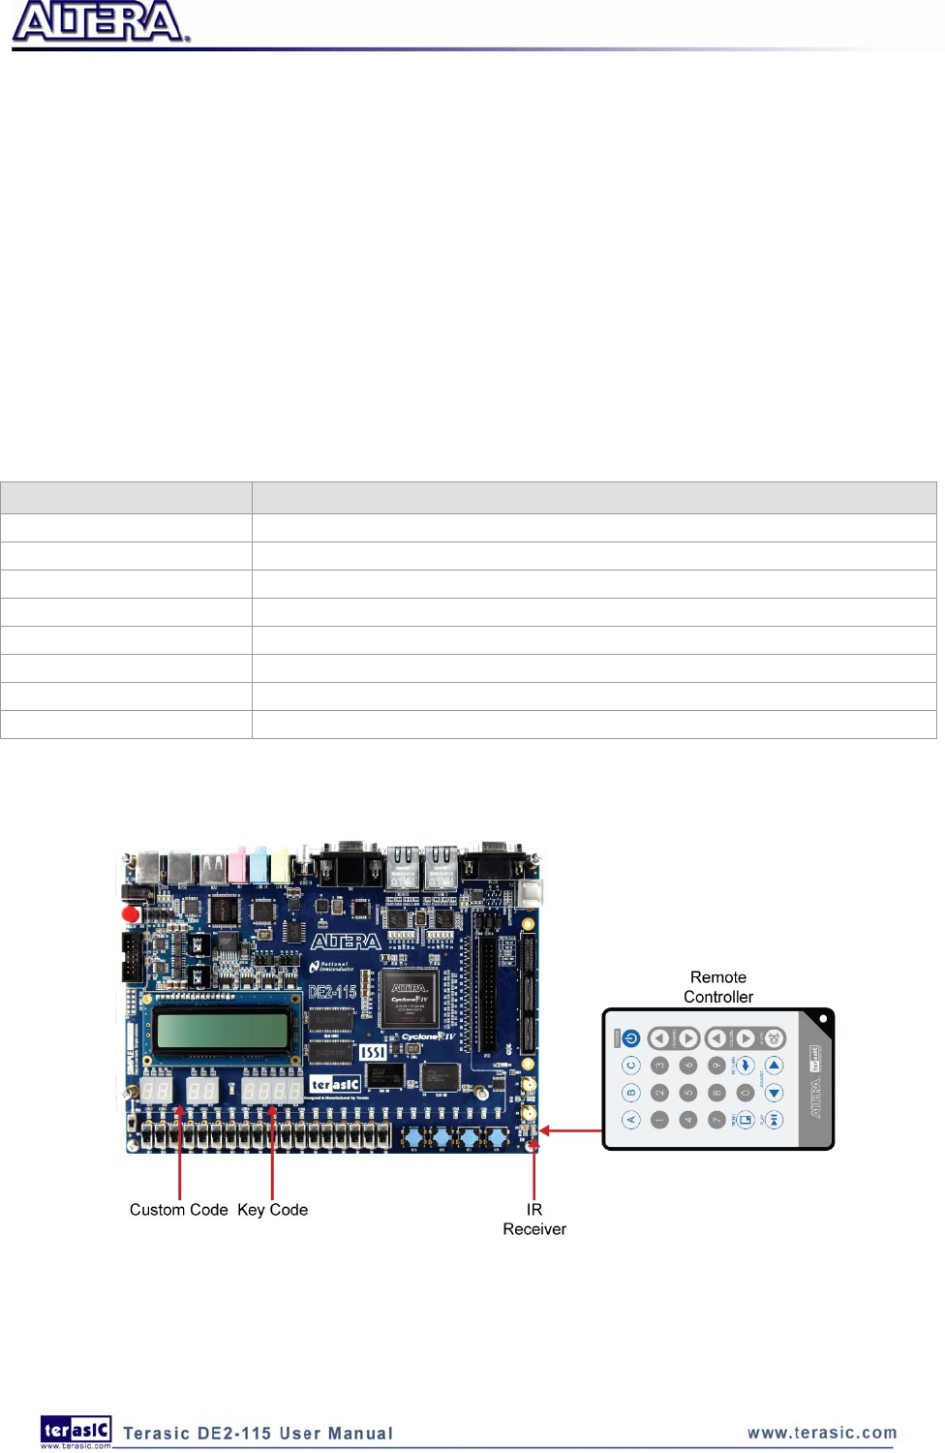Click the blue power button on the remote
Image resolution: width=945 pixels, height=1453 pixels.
631,1038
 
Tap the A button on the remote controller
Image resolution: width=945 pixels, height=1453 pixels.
631,1120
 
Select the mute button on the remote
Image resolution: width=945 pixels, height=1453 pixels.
774,1038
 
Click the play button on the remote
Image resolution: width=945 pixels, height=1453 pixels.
774,1120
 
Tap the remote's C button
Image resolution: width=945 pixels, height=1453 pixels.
631,1066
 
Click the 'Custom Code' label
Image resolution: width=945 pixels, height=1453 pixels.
179,1210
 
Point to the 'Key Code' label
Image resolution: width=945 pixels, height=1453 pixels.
272,1210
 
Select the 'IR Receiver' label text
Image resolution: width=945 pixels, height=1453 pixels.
534,1220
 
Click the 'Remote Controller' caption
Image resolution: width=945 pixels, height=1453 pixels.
718,987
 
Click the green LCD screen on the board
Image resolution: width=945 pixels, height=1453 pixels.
222,1030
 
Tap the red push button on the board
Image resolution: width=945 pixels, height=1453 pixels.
131,913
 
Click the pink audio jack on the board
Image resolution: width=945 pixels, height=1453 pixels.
237,865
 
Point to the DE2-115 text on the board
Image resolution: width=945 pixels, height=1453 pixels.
332,992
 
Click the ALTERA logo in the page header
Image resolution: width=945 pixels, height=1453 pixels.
100,22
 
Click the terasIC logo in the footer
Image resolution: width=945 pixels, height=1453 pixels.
76,1431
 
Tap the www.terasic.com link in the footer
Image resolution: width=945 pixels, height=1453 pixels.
822,1433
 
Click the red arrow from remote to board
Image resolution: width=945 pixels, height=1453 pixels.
571,1130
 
